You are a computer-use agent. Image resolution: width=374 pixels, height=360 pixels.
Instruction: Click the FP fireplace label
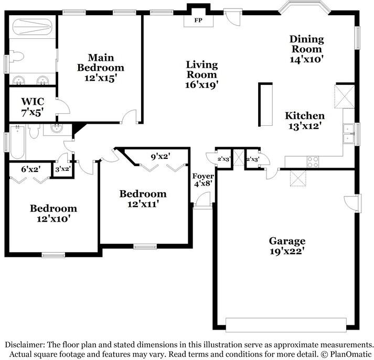(x=199, y=20)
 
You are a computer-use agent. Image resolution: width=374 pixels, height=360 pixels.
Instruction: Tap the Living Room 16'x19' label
(x=202, y=74)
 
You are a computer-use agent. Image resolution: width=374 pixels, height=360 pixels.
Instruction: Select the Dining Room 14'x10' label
(x=307, y=49)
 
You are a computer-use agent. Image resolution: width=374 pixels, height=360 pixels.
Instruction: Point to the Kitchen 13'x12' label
(x=304, y=121)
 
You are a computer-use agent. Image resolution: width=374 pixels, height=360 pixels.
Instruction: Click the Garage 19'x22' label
(x=287, y=246)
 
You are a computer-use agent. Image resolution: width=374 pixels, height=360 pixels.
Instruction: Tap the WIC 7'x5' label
(x=33, y=105)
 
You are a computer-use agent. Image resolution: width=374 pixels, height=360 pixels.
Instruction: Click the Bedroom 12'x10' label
(x=53, y=213)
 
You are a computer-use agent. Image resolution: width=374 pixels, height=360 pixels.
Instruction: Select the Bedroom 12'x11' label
(x=143, y=199)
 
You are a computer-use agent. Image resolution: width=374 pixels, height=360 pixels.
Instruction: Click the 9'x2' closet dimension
(x=161, y=156)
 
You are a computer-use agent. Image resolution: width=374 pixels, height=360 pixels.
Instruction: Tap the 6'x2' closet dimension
(x=30, y=169)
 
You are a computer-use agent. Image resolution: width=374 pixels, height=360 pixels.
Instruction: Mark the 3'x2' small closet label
(x=63, y=169)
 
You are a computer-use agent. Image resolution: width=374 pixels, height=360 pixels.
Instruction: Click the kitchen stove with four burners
(x=313, y=161)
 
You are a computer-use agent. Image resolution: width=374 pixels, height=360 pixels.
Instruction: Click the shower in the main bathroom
(x=31, y=26)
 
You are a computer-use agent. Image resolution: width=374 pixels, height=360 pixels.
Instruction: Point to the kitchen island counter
(x=265, y=105)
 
